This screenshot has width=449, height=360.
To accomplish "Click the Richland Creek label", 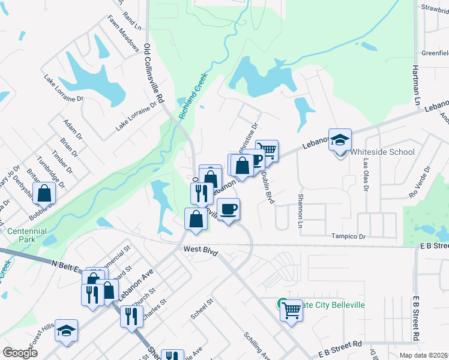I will (x=193, y=95).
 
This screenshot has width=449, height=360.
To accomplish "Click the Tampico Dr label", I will (x=349, y=237).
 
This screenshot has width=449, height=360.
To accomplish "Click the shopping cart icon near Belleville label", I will (x=291, y=310).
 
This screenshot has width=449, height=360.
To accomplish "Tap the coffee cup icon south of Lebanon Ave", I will (x=229, y=209).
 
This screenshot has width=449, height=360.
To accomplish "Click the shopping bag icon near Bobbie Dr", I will (x=44, y=194).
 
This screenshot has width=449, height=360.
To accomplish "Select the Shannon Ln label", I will (x=300, y=211).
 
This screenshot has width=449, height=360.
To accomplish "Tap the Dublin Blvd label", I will (x=267, y=188).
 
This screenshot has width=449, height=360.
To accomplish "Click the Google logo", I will (x=20, y=353).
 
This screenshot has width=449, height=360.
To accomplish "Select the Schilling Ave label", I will (x=257, y=345).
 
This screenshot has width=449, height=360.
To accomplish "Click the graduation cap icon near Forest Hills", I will (x=67, y=331).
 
